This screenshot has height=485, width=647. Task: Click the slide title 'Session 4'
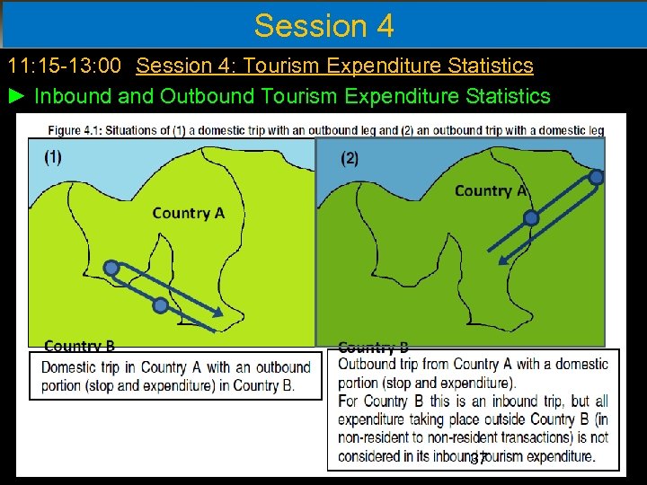(x=323, y=25)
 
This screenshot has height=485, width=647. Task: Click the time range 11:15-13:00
(x=68, y=66)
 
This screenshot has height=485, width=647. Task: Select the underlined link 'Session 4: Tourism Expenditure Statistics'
(x=334, y=66)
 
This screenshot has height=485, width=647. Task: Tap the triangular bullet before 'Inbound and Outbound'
(x=18, y=96)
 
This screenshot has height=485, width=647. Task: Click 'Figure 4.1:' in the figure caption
(x=75, y=130)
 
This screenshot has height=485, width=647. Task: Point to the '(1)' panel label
(x=53, y=157)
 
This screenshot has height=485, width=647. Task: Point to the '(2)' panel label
(x=350, y=159)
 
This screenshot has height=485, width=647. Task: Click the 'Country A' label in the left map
(x=188, y=213)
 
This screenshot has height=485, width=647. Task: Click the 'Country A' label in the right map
(x=490, y=190)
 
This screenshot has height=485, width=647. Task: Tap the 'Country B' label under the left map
(x=79, y=346)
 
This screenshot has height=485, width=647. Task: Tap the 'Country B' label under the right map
(x=373, y=347)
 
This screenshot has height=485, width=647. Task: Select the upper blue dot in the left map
(x=111, y=268)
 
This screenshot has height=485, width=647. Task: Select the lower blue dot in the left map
(x=160, y=306)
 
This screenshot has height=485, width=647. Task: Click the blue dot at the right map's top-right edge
(x=596, y=177)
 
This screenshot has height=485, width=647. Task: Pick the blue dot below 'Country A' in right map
(x=531, y=217)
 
